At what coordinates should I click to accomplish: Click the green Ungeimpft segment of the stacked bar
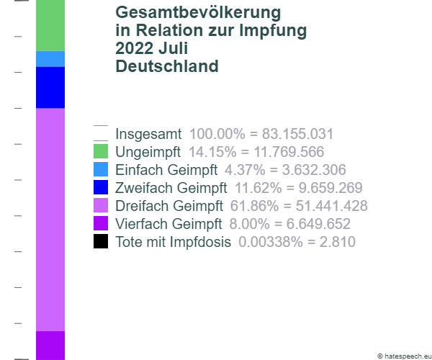[x=50, y=25]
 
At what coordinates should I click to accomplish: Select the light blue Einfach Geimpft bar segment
[x=50, y=59]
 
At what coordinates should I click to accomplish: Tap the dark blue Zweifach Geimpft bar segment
[x=50, y=87]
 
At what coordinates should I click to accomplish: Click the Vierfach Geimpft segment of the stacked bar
[x=50, y=345]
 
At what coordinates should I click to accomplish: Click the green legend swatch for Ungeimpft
[x=101, y=152]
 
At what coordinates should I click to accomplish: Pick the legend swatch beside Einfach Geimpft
[x=101, y=170]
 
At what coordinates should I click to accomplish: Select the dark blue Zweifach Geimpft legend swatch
[x=101, y=188]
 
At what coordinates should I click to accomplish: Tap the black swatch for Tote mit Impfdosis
[x=101, y=242]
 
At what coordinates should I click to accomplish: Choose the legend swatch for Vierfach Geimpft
[x=101, y=224]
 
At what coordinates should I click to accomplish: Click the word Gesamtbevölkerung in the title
[x=198, y=14]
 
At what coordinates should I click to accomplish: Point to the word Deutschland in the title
[x=166, y=67]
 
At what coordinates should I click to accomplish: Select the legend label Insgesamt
[x=148, y=134]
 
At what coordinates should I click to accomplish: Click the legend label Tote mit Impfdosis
[x=173, y=242]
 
